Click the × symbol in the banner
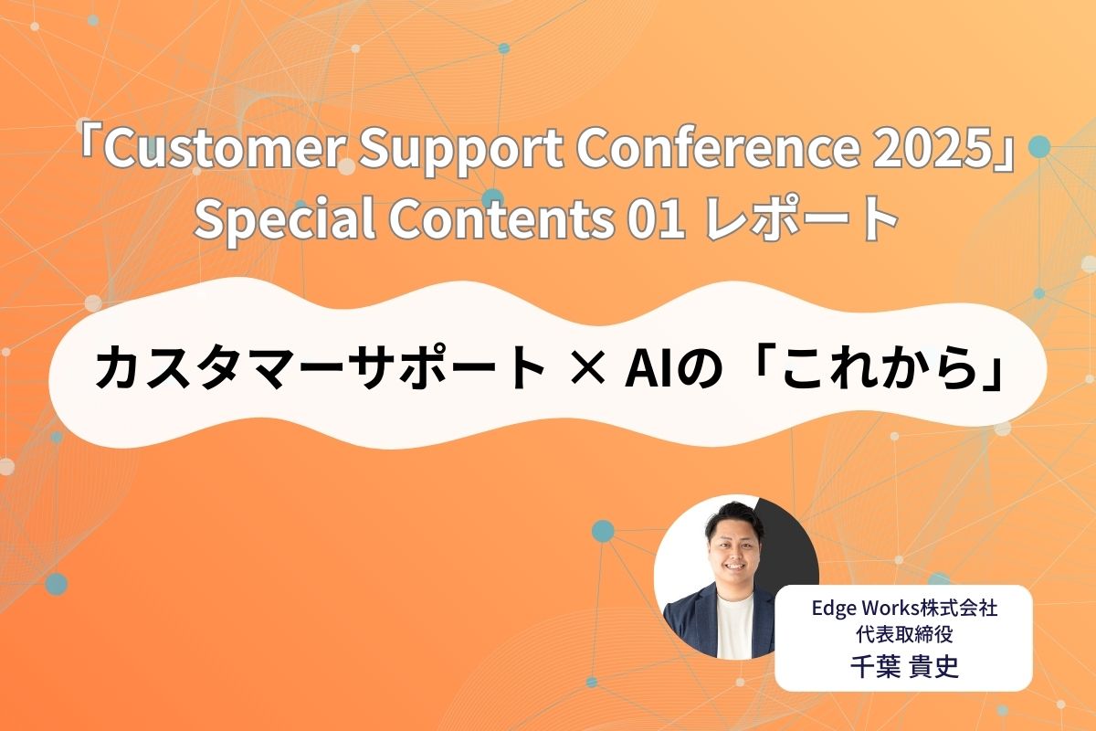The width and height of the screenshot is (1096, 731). coord(585,370)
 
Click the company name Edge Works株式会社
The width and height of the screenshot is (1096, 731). coord(903,609)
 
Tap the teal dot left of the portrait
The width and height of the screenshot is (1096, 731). coord(603,530)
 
